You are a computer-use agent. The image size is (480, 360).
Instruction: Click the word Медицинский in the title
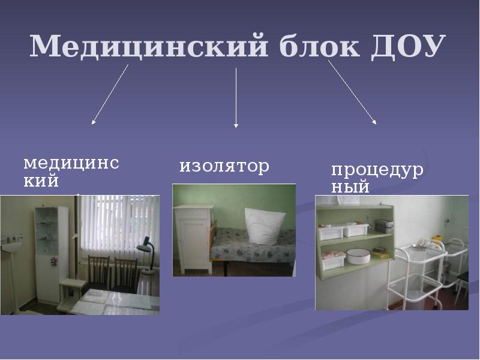point(147,46)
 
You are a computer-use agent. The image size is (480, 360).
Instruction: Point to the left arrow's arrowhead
point(93,122)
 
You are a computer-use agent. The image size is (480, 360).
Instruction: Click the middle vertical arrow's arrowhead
point(236,125)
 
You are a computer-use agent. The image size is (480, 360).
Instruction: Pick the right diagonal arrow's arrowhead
point(375,122)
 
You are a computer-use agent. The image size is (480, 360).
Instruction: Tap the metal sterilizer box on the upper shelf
point(383,226)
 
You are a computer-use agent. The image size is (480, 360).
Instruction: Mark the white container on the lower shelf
point(332,261)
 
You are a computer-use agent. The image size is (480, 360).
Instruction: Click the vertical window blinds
point(117,222)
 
